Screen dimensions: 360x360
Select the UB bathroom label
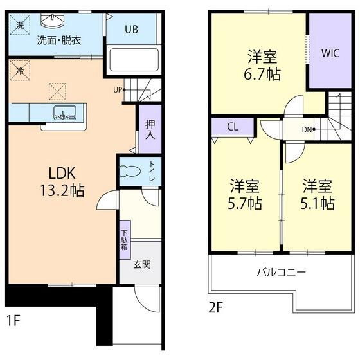coord(131,29)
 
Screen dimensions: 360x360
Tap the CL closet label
coord(233,127)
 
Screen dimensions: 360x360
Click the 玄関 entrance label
coord(141,264)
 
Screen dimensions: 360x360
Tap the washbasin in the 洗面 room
coord(49,21)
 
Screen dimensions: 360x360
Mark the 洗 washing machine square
coord(19,26)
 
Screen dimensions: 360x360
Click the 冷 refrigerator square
coord(19,70)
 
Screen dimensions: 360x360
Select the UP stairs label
coord(118,89)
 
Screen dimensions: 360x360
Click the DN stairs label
coord(307,129)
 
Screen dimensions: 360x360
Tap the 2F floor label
coord(216,307)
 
